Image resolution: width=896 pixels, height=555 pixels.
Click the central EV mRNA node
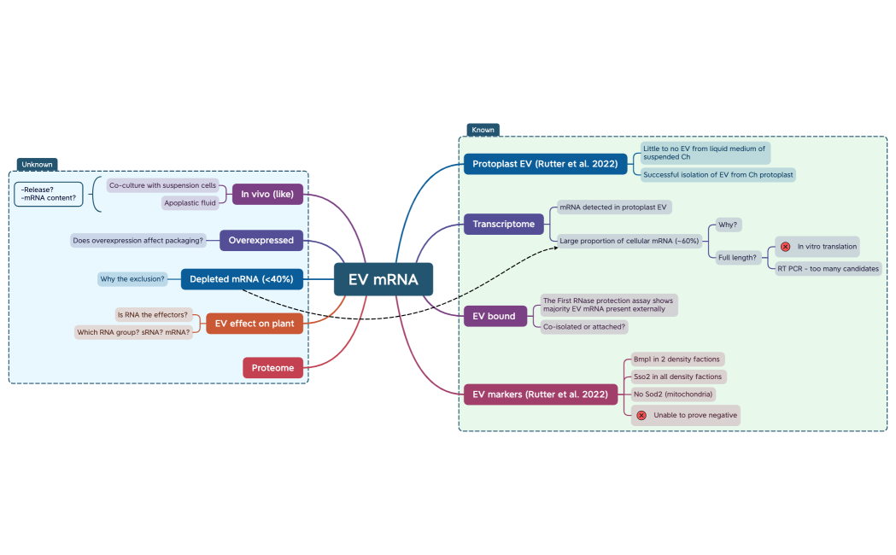(384, 279)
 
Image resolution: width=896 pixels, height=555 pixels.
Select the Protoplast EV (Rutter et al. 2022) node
(545, 164)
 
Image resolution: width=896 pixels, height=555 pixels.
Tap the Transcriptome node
(504, 225)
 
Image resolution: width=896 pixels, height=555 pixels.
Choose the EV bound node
(495, 316)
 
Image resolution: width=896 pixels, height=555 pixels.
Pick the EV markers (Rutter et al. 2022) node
(541, 394)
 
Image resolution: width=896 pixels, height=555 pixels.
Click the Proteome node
(272, 368)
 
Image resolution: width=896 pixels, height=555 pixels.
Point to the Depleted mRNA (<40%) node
(241, 279)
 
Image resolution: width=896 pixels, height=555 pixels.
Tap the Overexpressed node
(261, 241)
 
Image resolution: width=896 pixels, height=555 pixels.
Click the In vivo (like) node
(267, 195)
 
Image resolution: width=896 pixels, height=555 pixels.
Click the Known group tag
(483, 131)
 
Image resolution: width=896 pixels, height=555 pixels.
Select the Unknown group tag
(37, 164)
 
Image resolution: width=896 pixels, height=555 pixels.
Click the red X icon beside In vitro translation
(785, 247)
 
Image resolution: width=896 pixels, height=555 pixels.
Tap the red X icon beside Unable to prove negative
(641, 415)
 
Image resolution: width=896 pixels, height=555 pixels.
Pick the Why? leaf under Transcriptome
(729, 225)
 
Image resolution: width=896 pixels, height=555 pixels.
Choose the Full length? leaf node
(738, 257)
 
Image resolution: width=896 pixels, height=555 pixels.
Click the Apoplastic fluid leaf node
(190, 203)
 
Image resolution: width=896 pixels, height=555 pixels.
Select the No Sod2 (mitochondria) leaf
(673, 394)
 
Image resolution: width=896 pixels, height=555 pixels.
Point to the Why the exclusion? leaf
(132, 279)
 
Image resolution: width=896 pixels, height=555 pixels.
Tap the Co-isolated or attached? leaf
(585, 326)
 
